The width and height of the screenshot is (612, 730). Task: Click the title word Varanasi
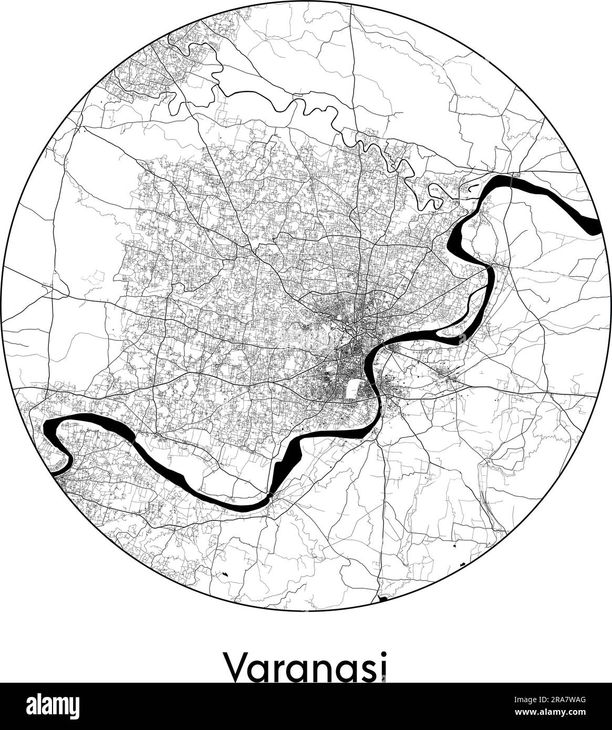(x=306, y=665)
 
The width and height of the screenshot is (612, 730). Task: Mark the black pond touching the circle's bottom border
(x=383, y=598)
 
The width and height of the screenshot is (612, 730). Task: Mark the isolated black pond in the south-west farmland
(x=226, y=574)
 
